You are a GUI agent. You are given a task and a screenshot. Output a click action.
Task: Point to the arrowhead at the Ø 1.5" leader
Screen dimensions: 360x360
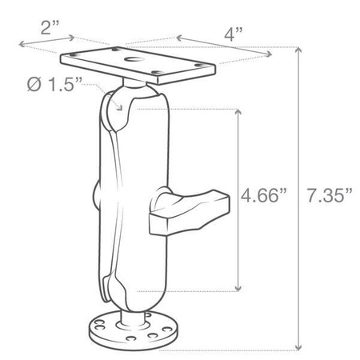coord(118,101)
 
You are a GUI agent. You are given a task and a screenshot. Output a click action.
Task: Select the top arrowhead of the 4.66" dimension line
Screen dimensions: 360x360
coord(238,110)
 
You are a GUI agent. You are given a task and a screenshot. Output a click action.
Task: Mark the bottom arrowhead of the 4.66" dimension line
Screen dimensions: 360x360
coord(238,290)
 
